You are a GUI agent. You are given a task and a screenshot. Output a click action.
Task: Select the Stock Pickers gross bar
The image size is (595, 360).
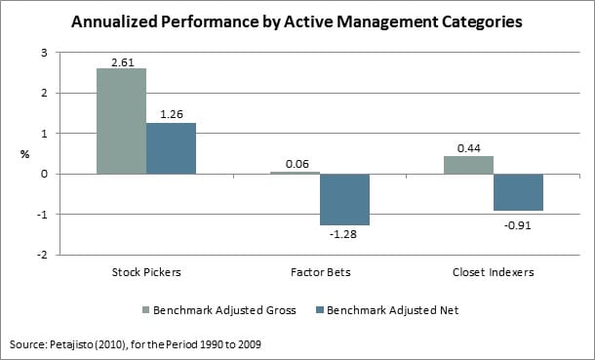tap(121, 121)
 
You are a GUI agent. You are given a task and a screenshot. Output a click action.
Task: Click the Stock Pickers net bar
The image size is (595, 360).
tap(171, 148)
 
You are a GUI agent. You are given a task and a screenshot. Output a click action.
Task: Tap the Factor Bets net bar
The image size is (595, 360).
tap(344, 199)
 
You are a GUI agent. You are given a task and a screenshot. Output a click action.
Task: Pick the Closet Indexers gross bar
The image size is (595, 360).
tap(468, 165)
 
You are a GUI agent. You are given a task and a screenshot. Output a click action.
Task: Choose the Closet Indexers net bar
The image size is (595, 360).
tap(518, 192)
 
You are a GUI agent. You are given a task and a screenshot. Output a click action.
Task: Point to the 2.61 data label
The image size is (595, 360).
tap(121, 60)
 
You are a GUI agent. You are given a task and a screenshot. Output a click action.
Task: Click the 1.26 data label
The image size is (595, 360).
tap(171, 114)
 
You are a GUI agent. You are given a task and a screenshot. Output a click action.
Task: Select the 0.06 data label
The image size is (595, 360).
tap(295, 163)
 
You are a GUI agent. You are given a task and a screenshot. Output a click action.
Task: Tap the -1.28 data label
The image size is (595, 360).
tap(344, 234)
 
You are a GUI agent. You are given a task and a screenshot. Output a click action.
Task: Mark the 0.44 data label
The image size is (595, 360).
tap(468, 147)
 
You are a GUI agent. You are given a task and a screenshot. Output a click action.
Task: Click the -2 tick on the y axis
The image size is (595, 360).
tap(40, 255)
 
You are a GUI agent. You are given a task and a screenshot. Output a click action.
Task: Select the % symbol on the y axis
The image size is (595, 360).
tap(24, 153)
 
